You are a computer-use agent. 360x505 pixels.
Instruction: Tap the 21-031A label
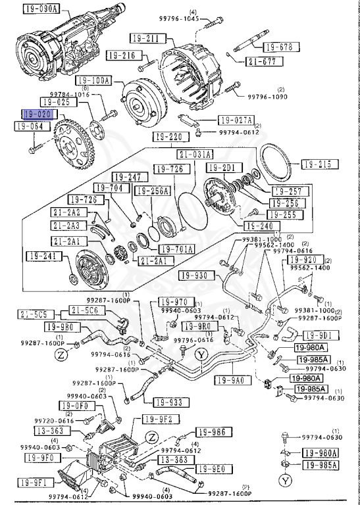pyautogui.click(x=195, y=155)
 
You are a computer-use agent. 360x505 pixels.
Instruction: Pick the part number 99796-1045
pyautogui.click(x=199, y=18)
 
